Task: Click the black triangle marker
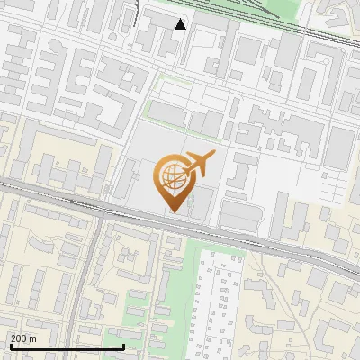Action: click(180, 24)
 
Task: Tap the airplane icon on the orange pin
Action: click(198, 164)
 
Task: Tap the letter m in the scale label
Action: click(33, 338)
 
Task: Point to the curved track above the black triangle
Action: click(137, 13)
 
